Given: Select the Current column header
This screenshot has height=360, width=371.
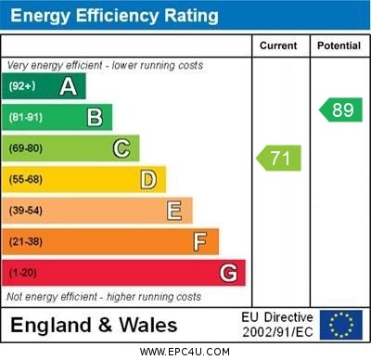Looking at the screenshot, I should point(278,45).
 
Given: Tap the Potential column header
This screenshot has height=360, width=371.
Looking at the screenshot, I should point(339,45).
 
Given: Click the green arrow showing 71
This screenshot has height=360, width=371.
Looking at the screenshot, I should point(279,158).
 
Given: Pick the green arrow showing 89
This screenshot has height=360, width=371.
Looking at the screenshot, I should point(339,109).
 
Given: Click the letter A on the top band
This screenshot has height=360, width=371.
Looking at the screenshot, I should point(68,86).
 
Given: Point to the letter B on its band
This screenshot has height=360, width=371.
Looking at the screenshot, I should point(95,117).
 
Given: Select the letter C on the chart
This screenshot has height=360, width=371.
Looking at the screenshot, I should point(122,148).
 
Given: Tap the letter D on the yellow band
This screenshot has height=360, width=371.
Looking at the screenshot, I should point(148,179).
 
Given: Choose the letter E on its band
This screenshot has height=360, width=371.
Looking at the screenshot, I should point(174,211).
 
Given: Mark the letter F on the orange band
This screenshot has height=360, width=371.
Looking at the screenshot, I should point(200,242).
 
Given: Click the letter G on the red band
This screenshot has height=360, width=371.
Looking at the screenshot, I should point(228,273).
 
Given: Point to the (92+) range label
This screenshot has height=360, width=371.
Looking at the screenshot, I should point(23,86).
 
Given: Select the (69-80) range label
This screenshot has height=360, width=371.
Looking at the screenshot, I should point(26,148).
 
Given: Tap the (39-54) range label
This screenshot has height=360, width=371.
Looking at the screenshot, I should point(26,211).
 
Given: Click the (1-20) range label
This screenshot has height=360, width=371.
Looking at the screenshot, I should point(23,273).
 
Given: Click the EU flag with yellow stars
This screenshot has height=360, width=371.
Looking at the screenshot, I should point(341,325).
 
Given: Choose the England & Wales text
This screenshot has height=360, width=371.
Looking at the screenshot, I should point(94,326).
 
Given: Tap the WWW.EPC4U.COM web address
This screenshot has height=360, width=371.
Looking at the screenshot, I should point(185,353).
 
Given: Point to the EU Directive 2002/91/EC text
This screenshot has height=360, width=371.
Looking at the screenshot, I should point(277,325).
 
